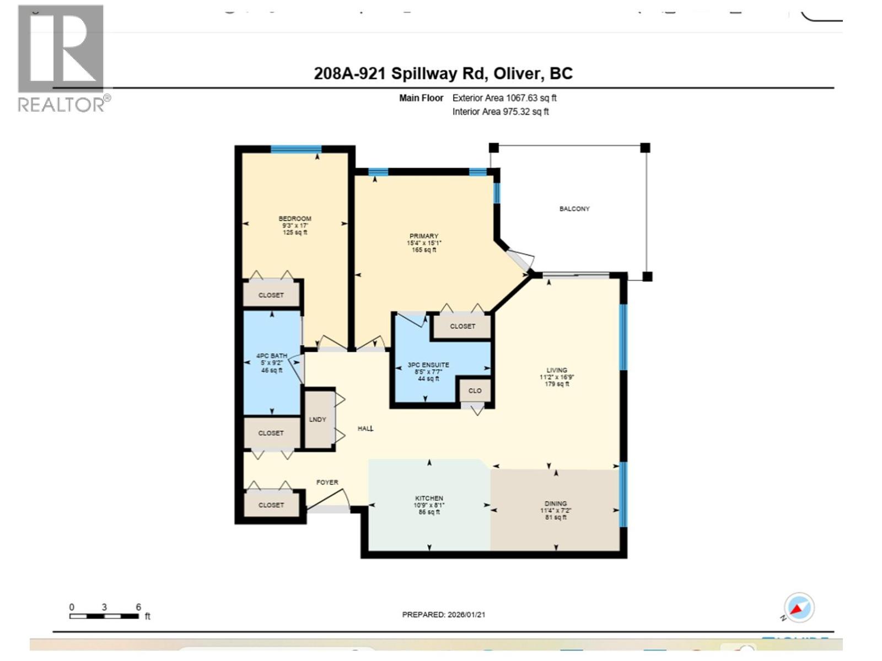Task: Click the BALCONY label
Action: (574, 209)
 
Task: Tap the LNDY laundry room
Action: (318, 419)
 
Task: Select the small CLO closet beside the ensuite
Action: (475, 391)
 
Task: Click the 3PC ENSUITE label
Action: (428, 365)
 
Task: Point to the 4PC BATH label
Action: (272, 356)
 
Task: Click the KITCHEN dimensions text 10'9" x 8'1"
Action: (429, 505)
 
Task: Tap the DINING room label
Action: (555, 503)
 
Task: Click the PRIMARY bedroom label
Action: (423, 236)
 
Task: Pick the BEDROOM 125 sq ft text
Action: (295, 232)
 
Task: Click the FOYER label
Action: (327, 482)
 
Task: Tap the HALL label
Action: (365, 428)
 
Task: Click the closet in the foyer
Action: (271, 505)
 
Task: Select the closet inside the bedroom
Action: (271, 295)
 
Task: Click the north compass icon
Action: (798, 608)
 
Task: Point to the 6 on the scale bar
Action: (138, 607)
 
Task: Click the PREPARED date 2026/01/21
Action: (444, 615)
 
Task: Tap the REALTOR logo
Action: (62, 58)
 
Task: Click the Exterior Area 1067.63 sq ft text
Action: (504, 98)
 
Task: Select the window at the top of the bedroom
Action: (295, 149)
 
